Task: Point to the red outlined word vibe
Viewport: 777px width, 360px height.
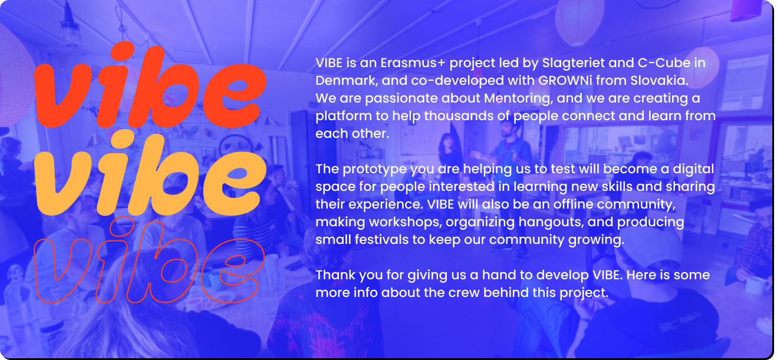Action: (150, 260)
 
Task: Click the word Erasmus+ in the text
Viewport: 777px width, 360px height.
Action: (413, 63)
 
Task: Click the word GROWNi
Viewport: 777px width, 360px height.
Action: (565, 81)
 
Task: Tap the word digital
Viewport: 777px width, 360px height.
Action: (693, 170)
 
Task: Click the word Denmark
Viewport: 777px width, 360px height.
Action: (347, 81)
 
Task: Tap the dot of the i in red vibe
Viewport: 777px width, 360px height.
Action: (123, 52)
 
